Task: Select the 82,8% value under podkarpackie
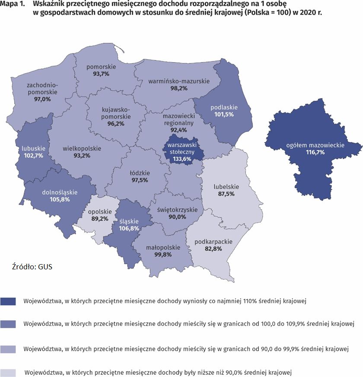[x=214, y=249]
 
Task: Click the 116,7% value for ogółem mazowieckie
[x=315, y=153]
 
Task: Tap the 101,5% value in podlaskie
[x=224, y=115]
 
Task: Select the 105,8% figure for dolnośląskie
[x=56, y=199]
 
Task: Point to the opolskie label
[x=100, y=212]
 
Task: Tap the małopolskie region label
[x=162, y=248]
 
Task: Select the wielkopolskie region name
[x=82, y=148]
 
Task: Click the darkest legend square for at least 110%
[x=9, y=301]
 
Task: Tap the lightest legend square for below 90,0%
[x=9, y=372]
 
